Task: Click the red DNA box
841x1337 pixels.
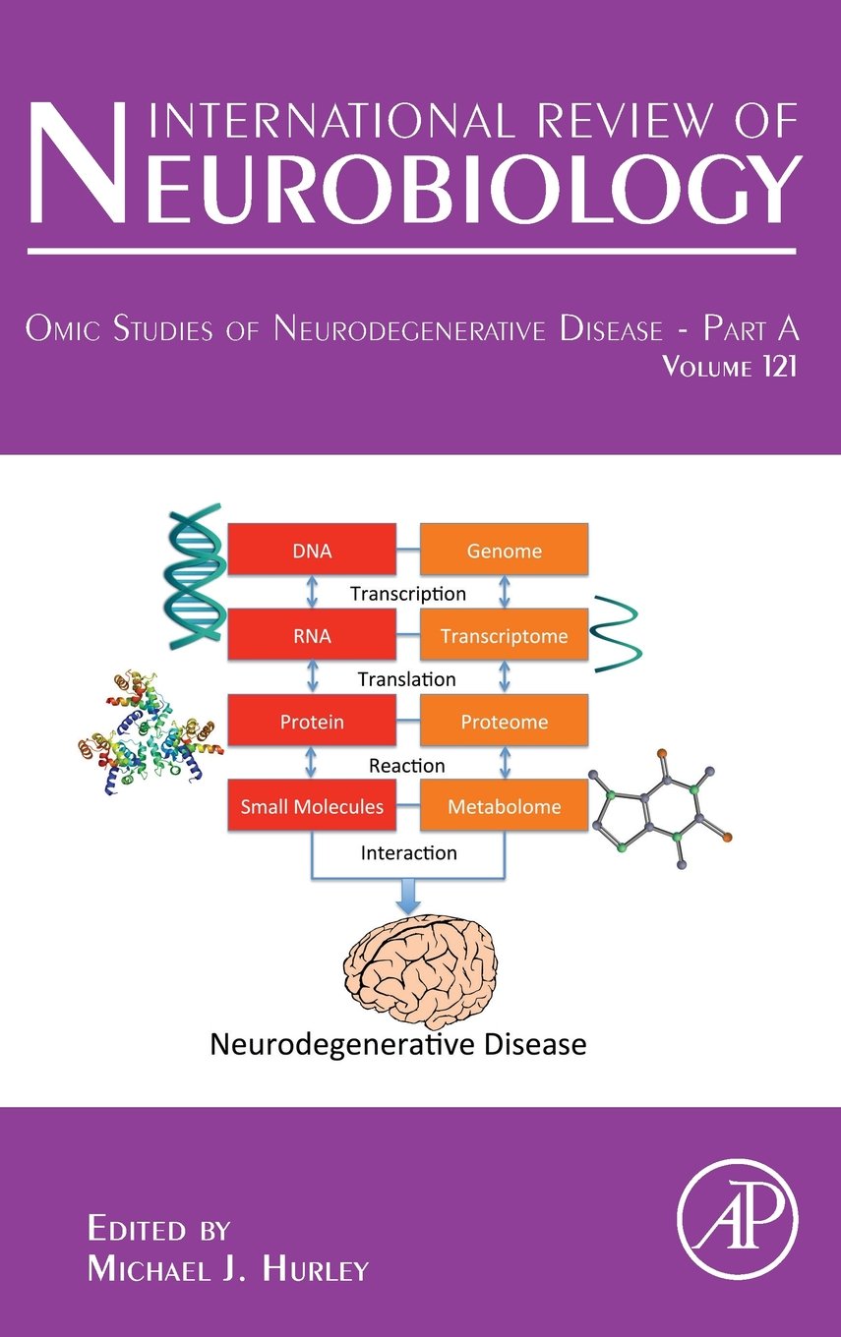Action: point(311,551)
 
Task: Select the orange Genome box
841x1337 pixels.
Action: point(504,551)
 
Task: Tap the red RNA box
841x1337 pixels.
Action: point(311,636)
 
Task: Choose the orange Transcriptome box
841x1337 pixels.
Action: point(504,636)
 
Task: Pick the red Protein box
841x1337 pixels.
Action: point(311,722)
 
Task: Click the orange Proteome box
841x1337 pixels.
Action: point(504,722)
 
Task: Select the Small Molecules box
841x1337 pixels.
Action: point(311,807)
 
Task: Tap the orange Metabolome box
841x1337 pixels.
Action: point(504,807)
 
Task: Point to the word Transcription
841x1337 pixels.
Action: point(407,594)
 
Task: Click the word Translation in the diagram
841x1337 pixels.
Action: point(407,679)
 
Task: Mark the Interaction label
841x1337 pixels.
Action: point(408,852)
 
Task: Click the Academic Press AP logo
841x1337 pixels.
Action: point(738,1220)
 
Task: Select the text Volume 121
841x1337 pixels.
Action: point(729,369)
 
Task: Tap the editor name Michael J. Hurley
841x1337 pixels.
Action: point(227,1269)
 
